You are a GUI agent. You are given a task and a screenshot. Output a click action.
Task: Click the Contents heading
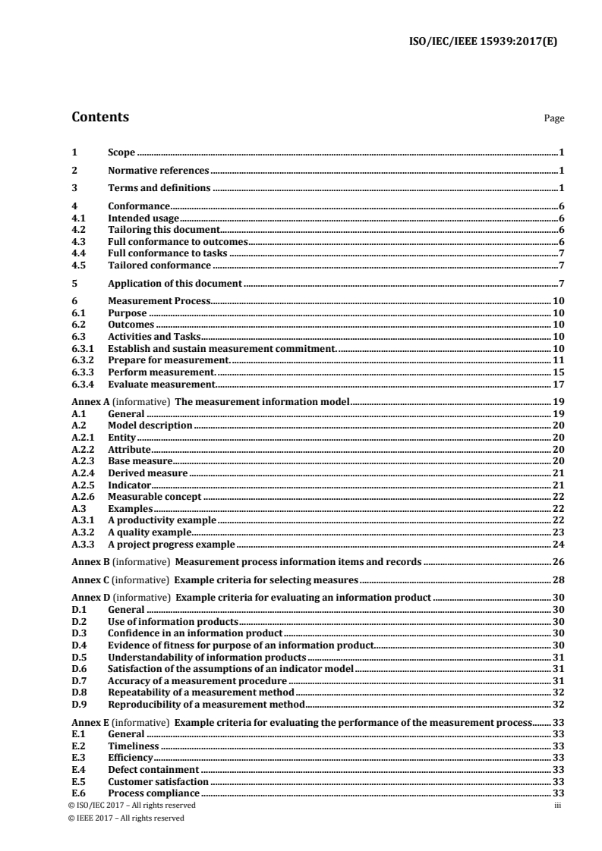tap(100, 118)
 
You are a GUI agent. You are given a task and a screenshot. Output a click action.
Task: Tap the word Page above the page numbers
tap(554, 119)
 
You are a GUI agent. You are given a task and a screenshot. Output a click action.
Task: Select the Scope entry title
tap(121, 153)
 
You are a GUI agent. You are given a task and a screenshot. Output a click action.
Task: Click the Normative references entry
tap(158, 171)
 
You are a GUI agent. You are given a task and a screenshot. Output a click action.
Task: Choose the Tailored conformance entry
tap(159, 265)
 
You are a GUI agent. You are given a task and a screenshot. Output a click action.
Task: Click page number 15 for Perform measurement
tap(557, 373)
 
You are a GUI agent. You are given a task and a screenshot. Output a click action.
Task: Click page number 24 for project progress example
tap(557, 545)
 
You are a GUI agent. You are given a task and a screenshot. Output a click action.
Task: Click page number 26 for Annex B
tap(557, 562)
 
